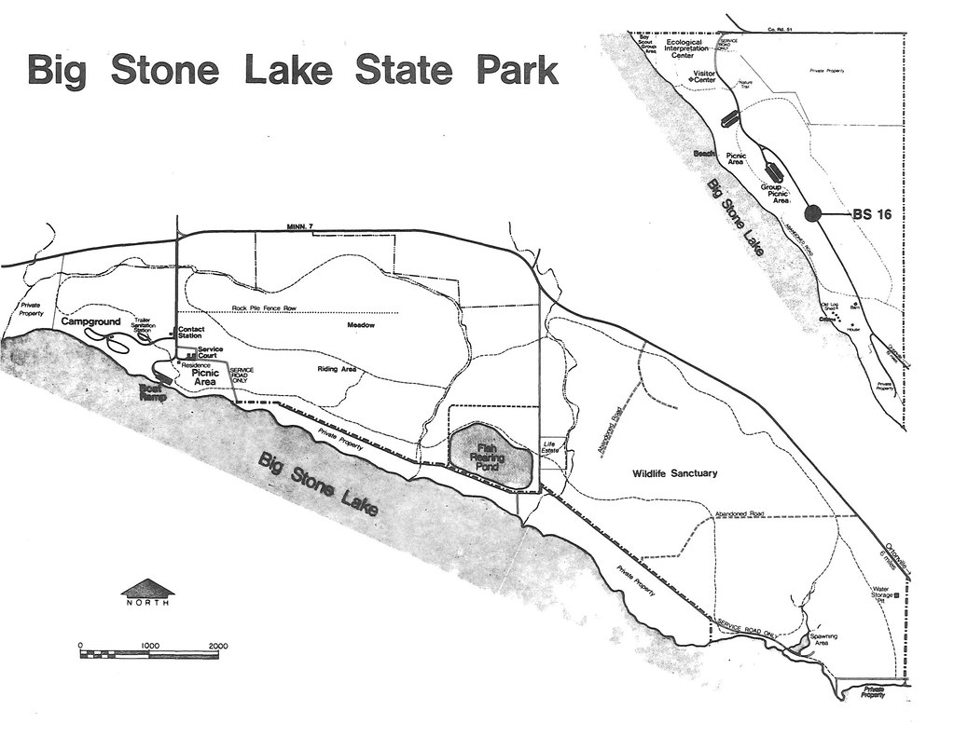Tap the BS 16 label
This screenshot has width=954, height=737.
(x=872, y=213)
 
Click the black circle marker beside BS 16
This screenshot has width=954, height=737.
(x=813, y=213)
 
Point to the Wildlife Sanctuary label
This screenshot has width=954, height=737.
(x=675, y=473)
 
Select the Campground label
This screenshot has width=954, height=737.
(x=91, y=321)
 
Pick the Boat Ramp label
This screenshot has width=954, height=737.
(x=151, y=392)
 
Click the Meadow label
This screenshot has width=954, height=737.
(x=361, y=325)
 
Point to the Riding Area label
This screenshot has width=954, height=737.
(x=337, y=369)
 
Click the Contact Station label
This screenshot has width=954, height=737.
(x=190, y=334)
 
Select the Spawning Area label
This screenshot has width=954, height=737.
(x=823, y=639)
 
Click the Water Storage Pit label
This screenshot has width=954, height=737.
(x=881, y=594)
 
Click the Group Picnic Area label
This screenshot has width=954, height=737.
(x=775, y=194)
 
